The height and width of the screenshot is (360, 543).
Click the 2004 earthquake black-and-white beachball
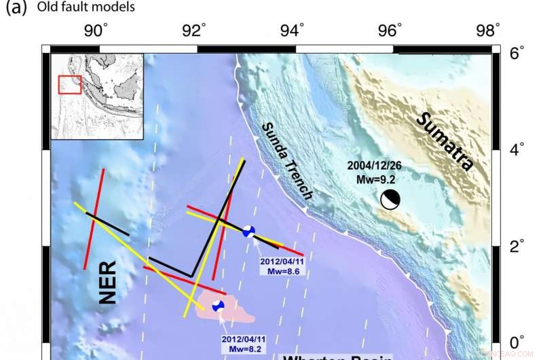(x=390, y=200)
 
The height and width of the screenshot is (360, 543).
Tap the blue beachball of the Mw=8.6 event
(x=249, y=231)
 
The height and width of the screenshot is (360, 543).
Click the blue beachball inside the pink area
(x=218, y=306)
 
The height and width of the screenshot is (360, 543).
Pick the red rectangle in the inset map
(x=69, y=85)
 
